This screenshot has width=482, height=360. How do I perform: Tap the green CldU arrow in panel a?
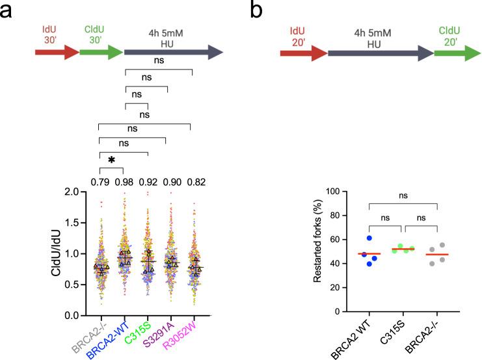coord(100,52)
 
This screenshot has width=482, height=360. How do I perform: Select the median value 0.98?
coord(124,181)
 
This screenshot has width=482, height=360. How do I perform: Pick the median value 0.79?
coord(100,181)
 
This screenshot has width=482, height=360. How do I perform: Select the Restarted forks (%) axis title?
coord(317,251)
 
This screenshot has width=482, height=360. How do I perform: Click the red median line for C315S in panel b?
coord(404,250)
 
